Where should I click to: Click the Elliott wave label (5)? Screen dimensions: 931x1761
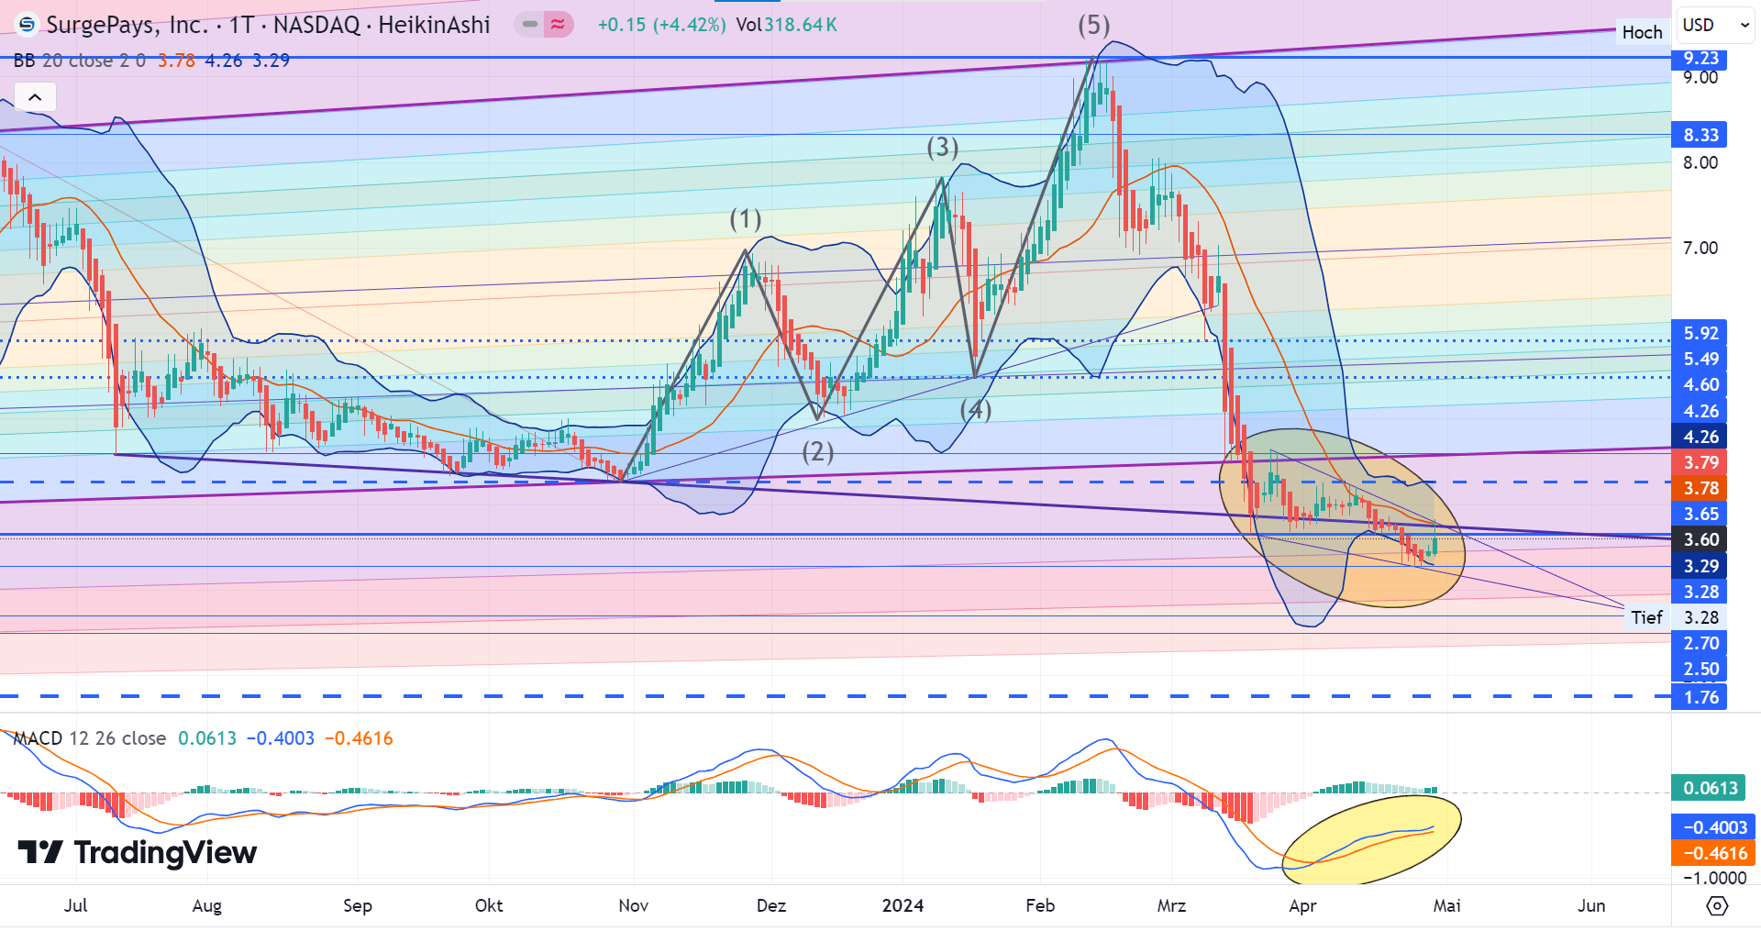coord(1093,26)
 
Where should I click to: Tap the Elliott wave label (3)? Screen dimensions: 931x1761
coord(942,147)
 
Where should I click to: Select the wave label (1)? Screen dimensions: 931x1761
coord(745,219)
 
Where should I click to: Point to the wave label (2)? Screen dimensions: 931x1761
coord(817,451)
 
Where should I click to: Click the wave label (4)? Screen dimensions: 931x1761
coord(975,409)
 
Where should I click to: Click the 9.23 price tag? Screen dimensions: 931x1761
coord(1700,59)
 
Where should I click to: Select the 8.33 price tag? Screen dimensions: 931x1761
coord(1700,135)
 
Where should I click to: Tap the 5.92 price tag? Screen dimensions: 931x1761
coord(1700,334)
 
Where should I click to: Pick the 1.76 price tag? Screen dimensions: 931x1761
coord(1700,697)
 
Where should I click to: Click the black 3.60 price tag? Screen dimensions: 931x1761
coord(1700,539)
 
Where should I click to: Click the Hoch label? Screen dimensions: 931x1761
coord(1641,33)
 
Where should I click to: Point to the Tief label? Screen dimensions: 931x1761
coord(1646,617)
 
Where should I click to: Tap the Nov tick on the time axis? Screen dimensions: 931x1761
coord(633,905)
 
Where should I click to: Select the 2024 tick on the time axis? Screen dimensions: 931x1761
coord(903,905)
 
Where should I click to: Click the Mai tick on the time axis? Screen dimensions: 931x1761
coord(1446,905)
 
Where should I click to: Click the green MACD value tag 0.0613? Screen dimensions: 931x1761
coord(1710,788)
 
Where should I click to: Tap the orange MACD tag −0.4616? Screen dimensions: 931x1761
coord(1713,853)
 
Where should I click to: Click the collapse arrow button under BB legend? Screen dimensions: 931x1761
coord(35,97)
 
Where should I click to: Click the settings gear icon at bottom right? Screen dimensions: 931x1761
coord(1717,906)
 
